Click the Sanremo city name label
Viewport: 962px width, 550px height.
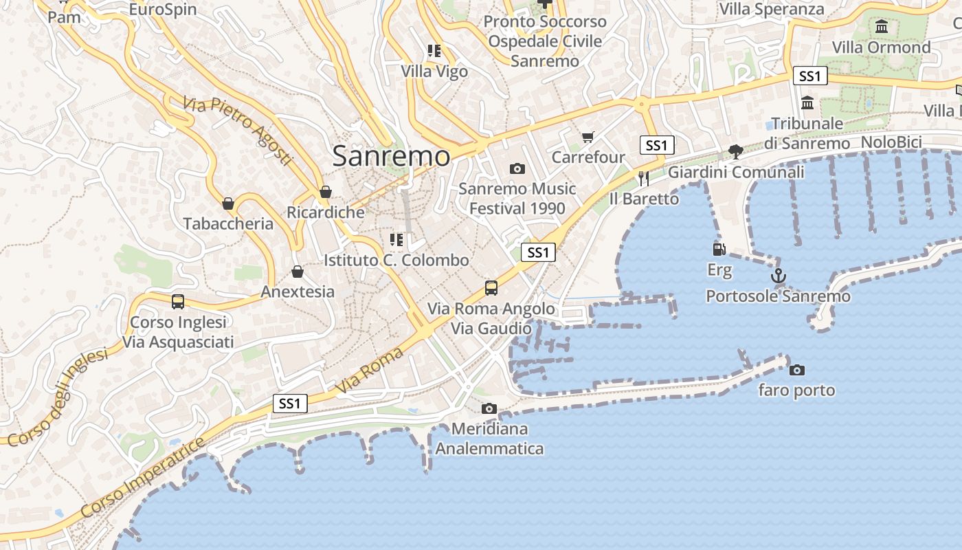[391, 156]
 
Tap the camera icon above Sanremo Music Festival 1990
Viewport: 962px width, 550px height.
[517, 168]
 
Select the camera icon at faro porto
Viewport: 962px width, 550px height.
[797, 370]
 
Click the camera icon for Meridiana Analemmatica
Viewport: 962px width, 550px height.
[489, 408]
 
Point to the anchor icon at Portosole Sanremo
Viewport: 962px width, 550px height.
[778, 276]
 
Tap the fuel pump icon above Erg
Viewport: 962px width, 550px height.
[719, 250]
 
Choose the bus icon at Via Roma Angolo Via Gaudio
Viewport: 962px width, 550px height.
[491, 288]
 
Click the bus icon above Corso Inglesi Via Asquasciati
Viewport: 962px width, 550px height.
[178, 301]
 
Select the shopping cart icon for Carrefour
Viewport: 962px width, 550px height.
[588, 137]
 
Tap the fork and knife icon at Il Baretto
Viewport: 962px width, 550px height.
[643, 179]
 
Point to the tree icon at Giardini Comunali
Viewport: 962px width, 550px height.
[736, 151]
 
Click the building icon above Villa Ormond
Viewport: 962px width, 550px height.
[882, 27]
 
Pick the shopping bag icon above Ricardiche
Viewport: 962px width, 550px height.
[326, 192]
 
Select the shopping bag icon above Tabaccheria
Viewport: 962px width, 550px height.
[228, 203]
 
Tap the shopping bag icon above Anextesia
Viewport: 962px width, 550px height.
[298, 272]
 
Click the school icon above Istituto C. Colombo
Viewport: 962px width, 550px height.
[396, 240]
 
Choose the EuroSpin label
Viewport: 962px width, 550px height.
[163, 10]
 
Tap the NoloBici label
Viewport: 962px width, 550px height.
[891, 142]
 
